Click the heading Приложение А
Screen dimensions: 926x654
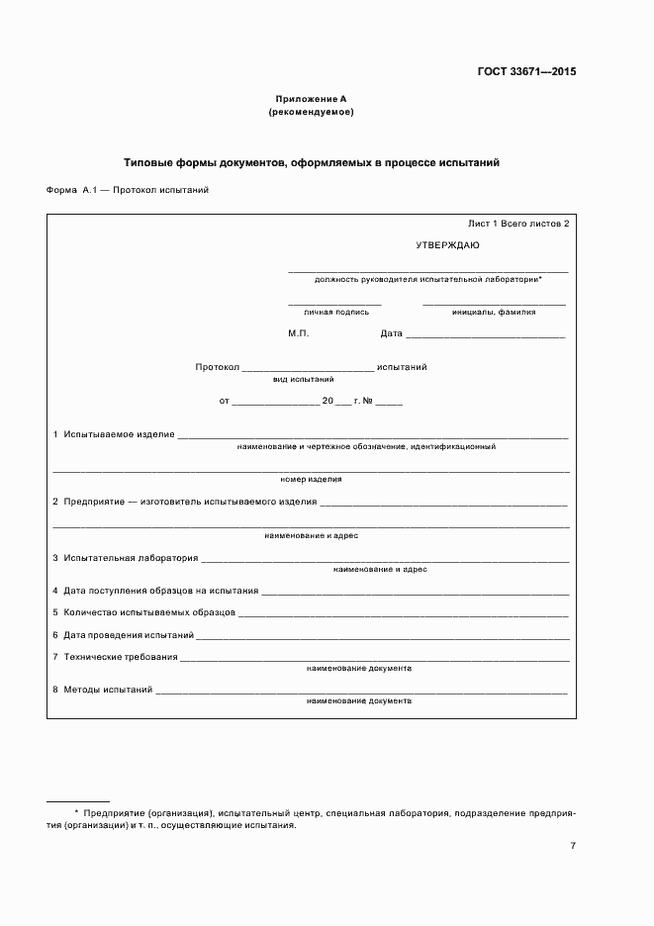point(311,100)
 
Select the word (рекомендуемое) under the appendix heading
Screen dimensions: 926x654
point(311,112)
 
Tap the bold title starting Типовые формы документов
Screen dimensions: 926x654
point(311,161)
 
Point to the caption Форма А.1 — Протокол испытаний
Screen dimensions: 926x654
point(128,190)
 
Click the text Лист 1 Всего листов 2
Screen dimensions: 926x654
point(518,224)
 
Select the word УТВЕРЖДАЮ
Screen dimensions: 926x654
point(447,243)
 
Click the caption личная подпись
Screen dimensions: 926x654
point(335,312)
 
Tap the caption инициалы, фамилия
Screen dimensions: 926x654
point(494,312)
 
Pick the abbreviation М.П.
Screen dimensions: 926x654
point(299,333)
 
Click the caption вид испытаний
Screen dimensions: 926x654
point(303,379)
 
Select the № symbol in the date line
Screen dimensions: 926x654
point(367,401)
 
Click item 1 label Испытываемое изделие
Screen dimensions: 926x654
point(119,434)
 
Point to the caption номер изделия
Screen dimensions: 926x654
point(311,479)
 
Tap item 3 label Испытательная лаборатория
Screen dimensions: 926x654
point(131,558)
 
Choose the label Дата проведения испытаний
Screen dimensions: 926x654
point(129,635)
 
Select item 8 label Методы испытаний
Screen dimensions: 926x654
point(107,689)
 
